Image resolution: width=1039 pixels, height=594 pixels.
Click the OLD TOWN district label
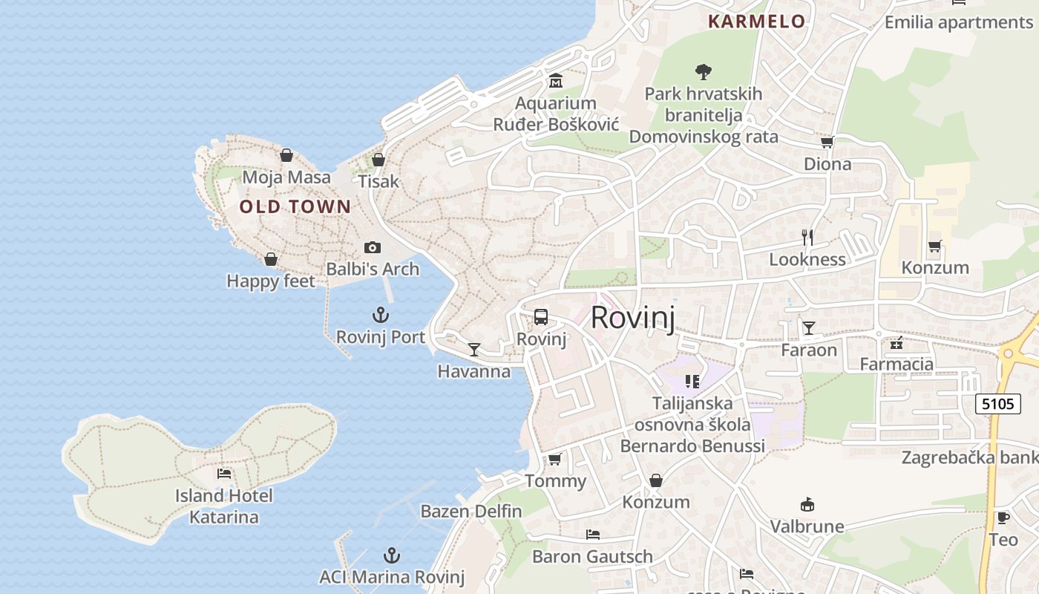tap(295, 206)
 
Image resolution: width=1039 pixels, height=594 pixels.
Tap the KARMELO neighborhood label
tap(756, 22)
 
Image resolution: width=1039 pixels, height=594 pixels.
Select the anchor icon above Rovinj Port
tap(381, 315)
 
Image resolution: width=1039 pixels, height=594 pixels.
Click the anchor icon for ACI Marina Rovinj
tap(391, 555)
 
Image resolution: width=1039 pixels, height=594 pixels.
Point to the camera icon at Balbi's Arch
tap(373, 247)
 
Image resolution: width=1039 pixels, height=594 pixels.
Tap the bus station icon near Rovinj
tap(541, 317)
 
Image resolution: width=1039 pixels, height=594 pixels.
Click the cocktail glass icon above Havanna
tap(474, 349)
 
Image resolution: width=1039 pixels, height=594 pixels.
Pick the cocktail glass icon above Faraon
tap(809, 327)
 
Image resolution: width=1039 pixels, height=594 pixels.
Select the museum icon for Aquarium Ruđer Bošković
tap(556, 80)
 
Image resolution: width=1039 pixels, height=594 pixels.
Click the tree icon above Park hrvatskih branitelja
tap(704, 71)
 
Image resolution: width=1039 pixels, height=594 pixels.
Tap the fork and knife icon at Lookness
tap(807, 238)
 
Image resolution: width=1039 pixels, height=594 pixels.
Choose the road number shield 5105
tap(998, 404)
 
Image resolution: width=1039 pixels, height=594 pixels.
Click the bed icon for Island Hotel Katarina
tap(224, 473)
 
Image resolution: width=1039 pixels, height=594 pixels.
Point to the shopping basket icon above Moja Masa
tap(286, 155)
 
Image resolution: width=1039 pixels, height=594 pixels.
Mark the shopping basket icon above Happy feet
tap(271, 259)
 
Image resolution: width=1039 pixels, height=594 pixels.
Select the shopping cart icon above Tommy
tap(555, 459)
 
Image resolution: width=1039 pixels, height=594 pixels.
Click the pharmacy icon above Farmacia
tap(897, 342)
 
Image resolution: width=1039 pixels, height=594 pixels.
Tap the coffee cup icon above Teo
tap(1003, 518)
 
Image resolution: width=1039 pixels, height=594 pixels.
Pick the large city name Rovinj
tap(632, 318)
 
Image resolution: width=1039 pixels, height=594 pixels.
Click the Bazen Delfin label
tap(471, 512)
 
